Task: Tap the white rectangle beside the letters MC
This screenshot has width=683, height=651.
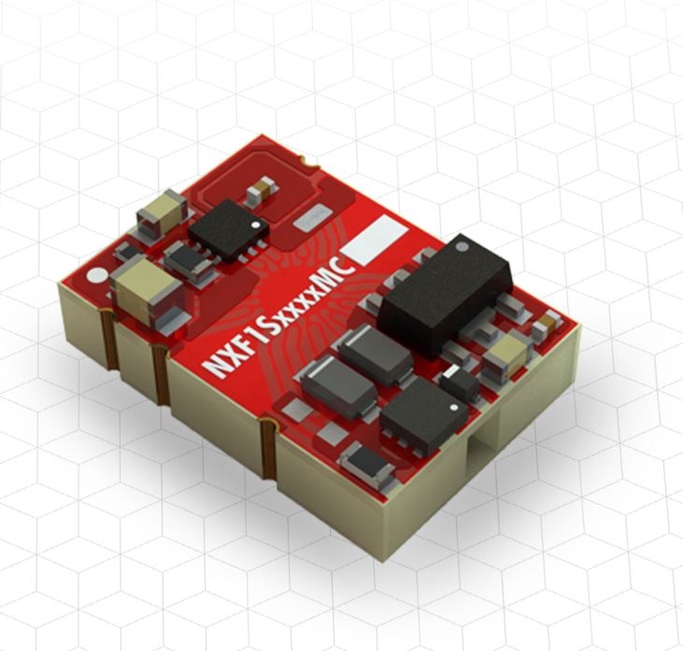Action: [375, 239]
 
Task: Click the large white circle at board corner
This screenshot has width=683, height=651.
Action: [97, 276]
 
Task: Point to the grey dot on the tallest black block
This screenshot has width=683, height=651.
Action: [462, 247]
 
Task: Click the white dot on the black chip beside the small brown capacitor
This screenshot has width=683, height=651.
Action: [256, 225]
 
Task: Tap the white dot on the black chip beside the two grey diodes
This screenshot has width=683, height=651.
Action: [454, 408]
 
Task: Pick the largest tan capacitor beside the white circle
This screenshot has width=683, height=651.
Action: [146, 291]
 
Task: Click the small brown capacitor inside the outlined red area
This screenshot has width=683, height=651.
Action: [261, 194]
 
